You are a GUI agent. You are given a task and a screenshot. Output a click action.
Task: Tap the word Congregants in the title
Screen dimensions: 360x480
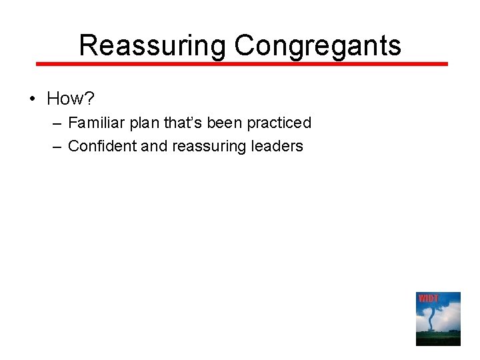click(317, 46)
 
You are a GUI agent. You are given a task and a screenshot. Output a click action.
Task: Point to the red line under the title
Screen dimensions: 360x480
click(241, 64)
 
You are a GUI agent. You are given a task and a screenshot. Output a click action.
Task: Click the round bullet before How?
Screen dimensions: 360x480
click(32, 99)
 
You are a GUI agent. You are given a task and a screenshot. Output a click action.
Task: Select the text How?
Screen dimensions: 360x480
click(70, 99)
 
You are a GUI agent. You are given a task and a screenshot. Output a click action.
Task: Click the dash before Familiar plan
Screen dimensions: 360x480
click(57, 123)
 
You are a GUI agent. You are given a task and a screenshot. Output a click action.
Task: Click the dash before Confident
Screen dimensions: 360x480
click(57, 147)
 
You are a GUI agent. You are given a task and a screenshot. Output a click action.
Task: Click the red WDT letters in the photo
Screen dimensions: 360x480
click(427, 298)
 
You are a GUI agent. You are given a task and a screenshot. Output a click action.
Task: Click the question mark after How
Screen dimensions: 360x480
click(90, 99)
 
